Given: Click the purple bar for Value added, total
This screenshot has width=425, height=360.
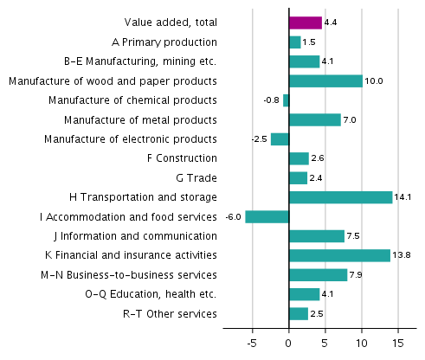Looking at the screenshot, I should [x=305, y=22].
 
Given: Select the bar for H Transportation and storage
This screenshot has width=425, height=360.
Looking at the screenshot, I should [x=340, y=197].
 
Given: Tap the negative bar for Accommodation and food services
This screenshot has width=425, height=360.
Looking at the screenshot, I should [x=267, y=216].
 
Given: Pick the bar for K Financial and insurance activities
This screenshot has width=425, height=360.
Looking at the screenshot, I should [x=339, y=255].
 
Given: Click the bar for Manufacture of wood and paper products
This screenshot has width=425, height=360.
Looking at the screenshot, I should [x=325, y=80].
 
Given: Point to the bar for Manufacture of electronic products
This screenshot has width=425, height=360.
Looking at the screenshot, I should [x=280, y=139].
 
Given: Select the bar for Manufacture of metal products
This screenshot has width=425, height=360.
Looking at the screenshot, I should [x=314, y=119].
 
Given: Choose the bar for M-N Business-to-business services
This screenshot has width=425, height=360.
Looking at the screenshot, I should [x=318, y=275].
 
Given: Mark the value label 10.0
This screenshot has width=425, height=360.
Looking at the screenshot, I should [x=373, y=81].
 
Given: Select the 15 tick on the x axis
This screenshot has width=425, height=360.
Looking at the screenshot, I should [x=398, y=343].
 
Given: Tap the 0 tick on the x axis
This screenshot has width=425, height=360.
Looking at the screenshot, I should [x=289, y=343].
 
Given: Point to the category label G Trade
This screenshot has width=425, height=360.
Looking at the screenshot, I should [x=196, y=178].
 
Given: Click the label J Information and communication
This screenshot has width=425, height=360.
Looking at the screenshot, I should [x=138, y=236].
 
